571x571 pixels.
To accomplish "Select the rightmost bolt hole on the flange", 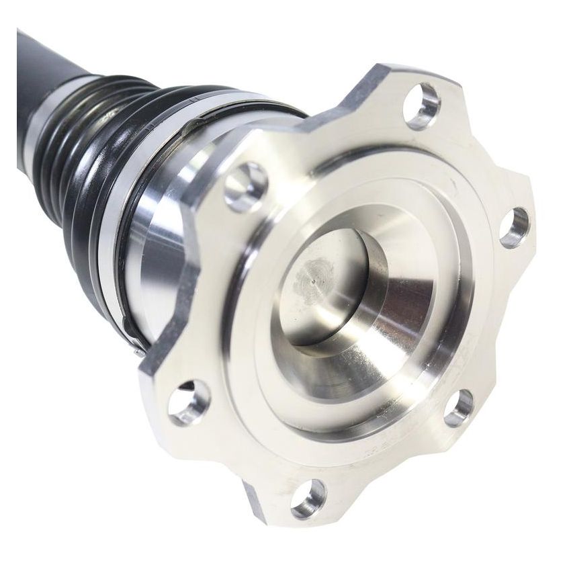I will tap(515, 227).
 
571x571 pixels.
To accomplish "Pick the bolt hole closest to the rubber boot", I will tap(246, 186).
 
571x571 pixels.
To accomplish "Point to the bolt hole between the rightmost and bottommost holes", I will tap(459, 407).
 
